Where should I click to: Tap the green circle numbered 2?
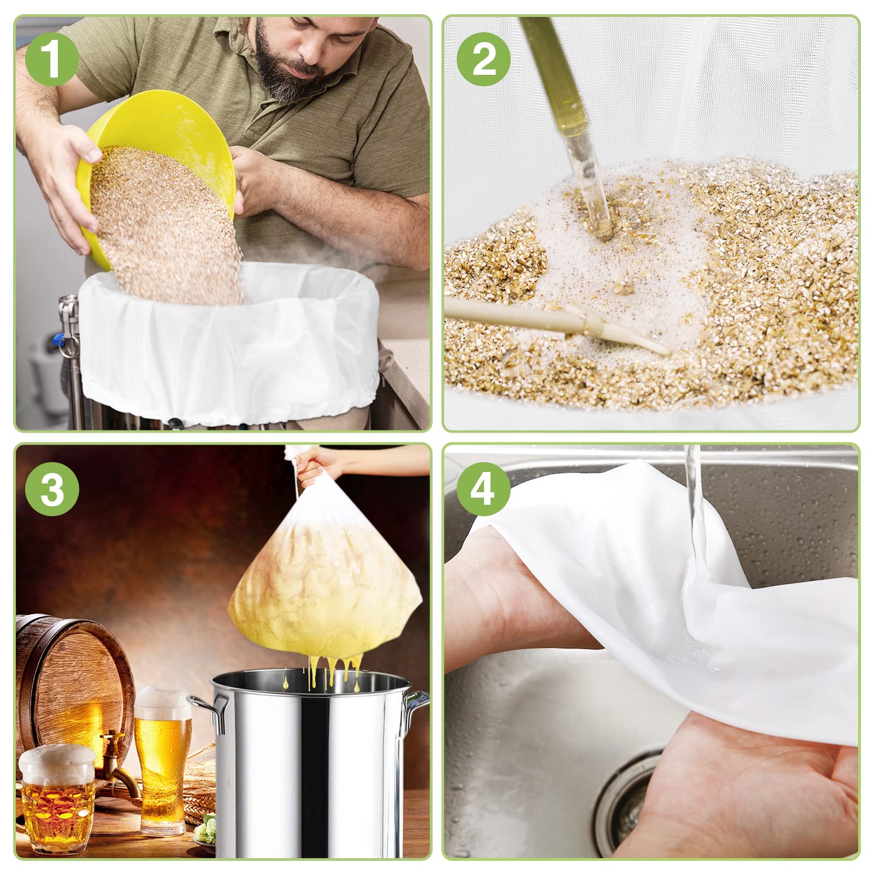tap(484, 60)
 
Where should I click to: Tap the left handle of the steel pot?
tap(210, 710)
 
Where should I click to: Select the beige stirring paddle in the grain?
tap(557, 322)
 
